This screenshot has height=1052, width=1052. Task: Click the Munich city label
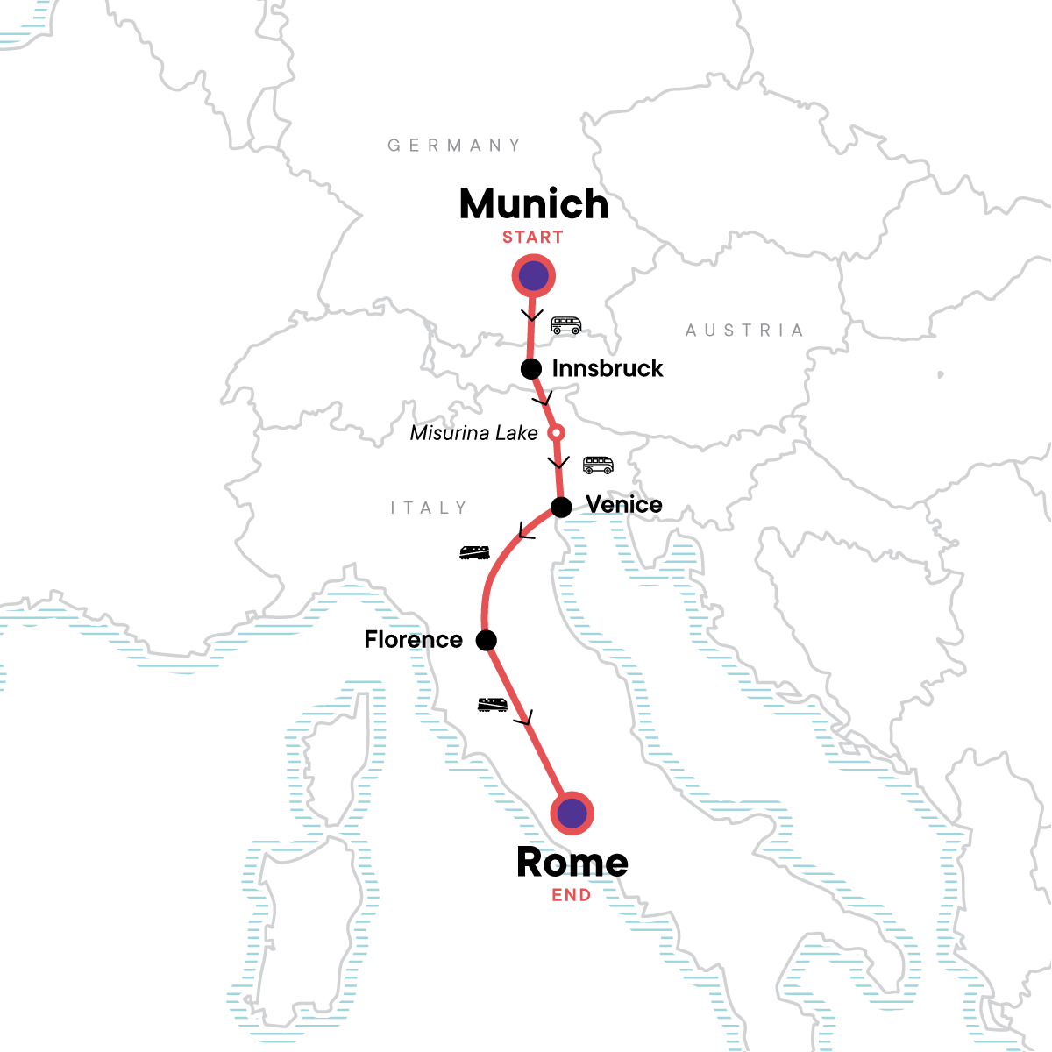[533, 204]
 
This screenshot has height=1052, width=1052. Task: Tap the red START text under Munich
[532, 238]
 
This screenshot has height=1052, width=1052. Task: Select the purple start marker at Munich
[533, 277]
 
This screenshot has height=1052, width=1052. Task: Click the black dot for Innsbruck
[530, 369]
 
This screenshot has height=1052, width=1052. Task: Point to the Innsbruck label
[607, 368]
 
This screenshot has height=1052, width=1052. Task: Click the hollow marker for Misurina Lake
[555, 432]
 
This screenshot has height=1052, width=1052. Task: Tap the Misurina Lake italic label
[473, 433]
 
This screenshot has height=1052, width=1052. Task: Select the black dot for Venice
[561, 507]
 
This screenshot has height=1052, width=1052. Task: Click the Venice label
[623, 505]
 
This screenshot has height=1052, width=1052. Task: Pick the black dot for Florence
[486, 640]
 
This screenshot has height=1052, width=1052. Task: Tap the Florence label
[413, 640]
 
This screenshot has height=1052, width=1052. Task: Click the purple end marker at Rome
[572, 814]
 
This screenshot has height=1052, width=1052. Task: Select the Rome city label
[572, 863]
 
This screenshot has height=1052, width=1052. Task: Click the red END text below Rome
[571, 896]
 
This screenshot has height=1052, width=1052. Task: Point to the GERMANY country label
[454, 146]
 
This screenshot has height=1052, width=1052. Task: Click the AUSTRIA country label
[744, 331]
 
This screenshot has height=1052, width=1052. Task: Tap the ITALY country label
[429, 508]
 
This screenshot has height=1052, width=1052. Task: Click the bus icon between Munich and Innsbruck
[565, 325]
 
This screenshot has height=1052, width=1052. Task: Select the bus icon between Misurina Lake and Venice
[598, 465]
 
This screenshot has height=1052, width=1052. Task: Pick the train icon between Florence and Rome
[492, 704]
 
